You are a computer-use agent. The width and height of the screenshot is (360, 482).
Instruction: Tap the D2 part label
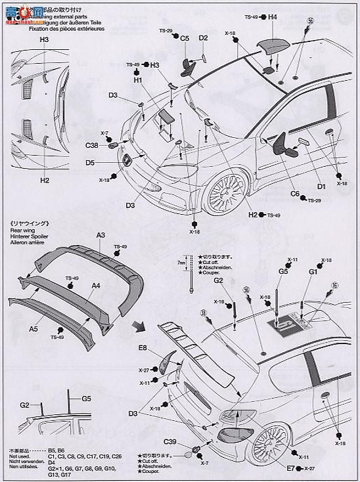(204, 38)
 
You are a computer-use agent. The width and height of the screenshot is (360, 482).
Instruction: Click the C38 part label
(91, 146)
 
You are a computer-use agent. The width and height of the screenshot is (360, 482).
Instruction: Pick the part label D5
(89, 162)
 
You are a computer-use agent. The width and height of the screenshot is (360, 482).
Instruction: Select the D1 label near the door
(321, 187)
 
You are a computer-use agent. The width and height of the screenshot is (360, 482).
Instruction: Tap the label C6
(295, 194)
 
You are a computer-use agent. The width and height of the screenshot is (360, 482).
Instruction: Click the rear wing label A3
(101, 235)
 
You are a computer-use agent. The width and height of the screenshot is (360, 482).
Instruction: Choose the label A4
(96, 286)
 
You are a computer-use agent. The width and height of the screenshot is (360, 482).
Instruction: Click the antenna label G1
(313, 271)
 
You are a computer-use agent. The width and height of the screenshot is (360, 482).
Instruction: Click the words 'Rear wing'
(22, 230)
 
